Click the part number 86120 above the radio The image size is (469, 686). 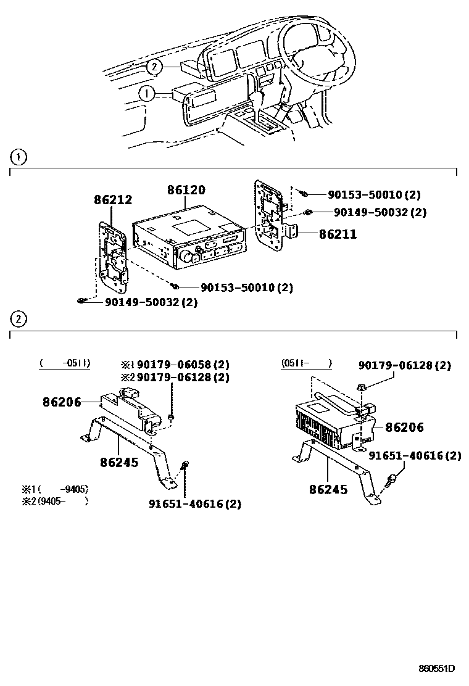pyautogui.click(x=186, y=191)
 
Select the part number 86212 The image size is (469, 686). pyautogui.click(x=113, y=200)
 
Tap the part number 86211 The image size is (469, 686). pyautogui.click(x=338, y=234)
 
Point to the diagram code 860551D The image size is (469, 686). pyautogui.click(x=436, y=669)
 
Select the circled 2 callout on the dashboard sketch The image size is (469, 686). pyautogui.click(x=154, y=67)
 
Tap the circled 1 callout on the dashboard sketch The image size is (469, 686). pyautogui.click(x=146, y=94)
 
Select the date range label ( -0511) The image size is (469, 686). pyautogui.click(x=65, y=363)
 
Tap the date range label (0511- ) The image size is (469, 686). pyautogui.click(x=307, y=363)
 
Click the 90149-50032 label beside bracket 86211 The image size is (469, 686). pyautogui.click(x=380, y=212)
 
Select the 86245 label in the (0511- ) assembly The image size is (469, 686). pyautogui.click(x=328, y=490)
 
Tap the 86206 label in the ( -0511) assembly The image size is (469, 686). pyautogui.click(x=62, y=402)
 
